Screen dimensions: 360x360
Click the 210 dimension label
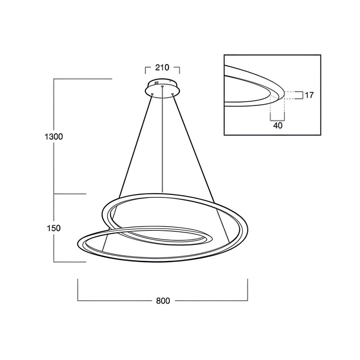coord(162,67)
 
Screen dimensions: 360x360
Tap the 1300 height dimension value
coord(54,137)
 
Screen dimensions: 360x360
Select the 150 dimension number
coord(54,228)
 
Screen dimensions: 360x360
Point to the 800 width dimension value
coord(163,301)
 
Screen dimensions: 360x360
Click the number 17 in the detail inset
coord(309,95)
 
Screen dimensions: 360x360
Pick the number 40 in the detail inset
coord(278,126)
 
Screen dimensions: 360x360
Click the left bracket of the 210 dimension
coord(146,69)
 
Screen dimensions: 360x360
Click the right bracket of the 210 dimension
coord(179,69)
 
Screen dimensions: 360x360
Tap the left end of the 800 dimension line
coord(78,289)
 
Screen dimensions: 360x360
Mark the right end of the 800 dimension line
coord(247,289)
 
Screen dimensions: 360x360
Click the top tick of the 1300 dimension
coord(83,79)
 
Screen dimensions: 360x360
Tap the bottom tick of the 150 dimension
coord(70,262)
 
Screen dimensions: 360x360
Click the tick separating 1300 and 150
coord(70,194)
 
